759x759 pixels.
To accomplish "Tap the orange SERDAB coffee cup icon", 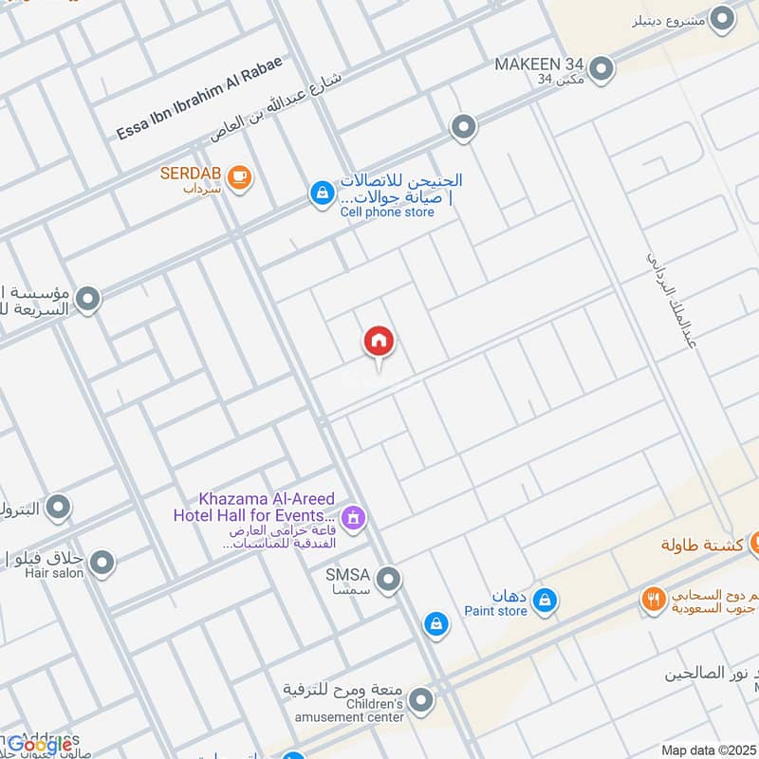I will point(240,177).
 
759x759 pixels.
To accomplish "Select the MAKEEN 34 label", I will point(539,65).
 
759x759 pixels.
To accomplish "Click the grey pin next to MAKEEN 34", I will point(601,68).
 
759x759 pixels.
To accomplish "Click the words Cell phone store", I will point(387,213).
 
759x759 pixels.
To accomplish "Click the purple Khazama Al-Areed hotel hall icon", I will point(354,518).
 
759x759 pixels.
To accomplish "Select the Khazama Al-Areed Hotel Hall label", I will point(254,507).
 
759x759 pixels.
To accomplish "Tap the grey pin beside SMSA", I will point(387,578).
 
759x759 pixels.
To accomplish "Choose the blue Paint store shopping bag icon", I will point(545,600).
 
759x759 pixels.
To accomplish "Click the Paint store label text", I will point(495,612).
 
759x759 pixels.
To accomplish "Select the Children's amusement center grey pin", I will point(421,701).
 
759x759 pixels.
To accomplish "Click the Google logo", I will point(40,745).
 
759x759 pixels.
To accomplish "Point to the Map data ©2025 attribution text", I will point(708,750).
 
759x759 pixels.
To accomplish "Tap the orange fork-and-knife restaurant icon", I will point(653,600).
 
